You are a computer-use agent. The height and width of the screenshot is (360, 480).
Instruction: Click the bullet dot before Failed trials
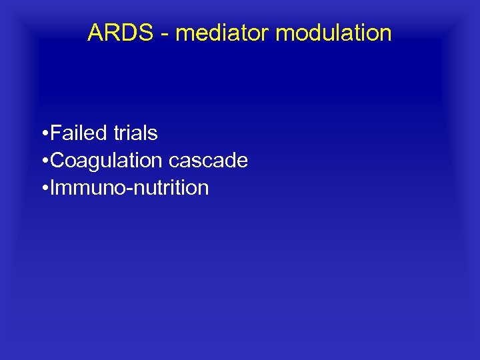43,134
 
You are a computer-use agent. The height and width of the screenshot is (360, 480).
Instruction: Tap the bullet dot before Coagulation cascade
43,161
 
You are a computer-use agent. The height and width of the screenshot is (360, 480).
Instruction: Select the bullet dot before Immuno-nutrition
43,189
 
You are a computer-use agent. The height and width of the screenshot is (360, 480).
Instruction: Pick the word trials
135,133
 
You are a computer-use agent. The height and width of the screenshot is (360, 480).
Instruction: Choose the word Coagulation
106,161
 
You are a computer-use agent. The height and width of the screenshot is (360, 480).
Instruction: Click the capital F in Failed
55,133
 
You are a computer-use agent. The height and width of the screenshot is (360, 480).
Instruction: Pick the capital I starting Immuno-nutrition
52,188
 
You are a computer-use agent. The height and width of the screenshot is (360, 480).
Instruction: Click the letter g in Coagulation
91,163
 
